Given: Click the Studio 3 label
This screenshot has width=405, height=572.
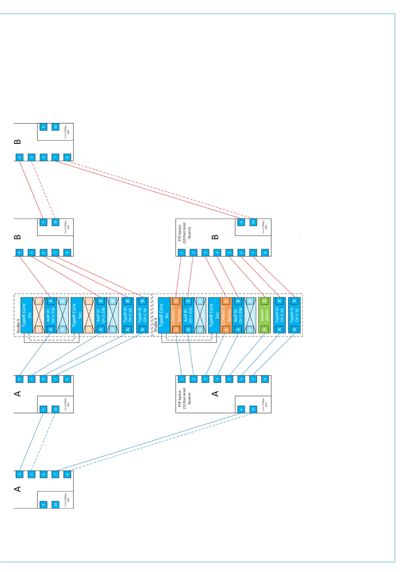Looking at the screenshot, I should [18, 326].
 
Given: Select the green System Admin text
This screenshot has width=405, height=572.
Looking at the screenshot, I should [265, 315].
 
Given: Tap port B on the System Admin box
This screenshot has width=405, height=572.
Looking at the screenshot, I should [265, 301].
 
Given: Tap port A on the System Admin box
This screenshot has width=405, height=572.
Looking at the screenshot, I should [265, 329].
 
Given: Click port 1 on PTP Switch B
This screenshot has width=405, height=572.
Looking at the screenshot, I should [182, 252].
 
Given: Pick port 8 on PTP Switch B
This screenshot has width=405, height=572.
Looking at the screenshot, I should [265, 252].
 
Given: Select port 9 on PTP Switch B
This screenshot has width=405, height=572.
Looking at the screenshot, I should [241, 222].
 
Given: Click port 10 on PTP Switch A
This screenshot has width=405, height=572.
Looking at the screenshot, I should [253, 409].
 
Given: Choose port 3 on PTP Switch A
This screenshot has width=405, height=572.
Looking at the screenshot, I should [205, 379].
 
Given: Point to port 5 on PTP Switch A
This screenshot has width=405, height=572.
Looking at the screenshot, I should [229, 379].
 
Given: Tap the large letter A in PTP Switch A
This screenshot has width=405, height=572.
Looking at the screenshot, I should [215, 393].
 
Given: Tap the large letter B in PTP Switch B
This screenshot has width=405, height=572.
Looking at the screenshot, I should [215, 237].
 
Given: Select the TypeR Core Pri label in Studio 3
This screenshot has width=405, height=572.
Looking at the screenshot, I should [27, 315].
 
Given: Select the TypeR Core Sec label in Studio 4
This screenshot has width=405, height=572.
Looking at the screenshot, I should [214, 315].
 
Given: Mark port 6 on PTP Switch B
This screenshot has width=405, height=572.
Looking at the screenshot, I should [241, 252].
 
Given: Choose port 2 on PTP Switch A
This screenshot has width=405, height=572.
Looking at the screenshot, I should [193, 379].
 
